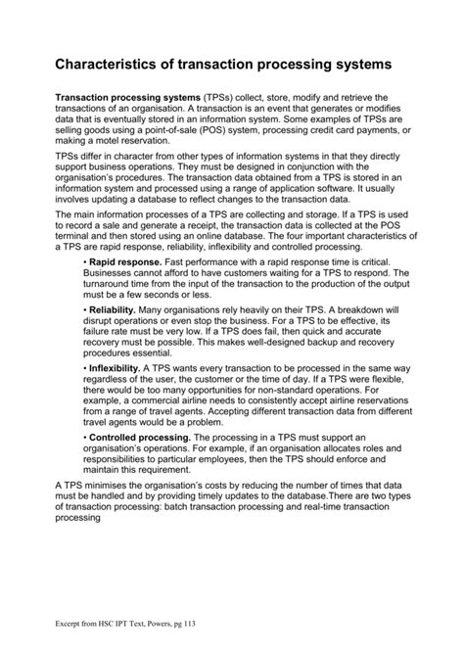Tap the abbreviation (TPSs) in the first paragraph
click(220, 98)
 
